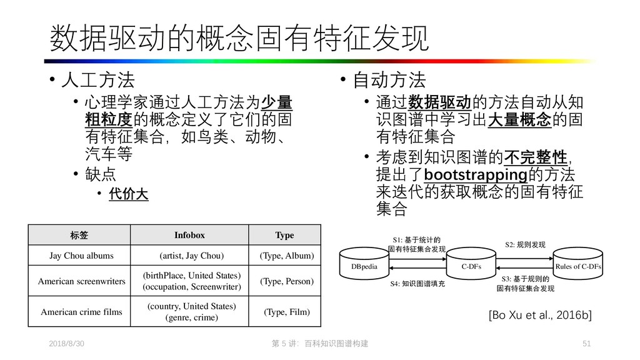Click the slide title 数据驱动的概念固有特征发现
tap(239, 39)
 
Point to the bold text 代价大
tap(129, 194)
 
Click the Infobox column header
tap(189, 235)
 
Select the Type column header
tap(284, 235)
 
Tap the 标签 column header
tap(80, 235)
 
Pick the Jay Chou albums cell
tap(81, 256)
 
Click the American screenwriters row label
tap(81, 281)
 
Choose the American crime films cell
tap(81, 311)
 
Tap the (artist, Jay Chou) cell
tap(191, 256)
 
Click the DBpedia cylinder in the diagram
tap(364, 266)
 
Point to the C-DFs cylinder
tap(470, 266)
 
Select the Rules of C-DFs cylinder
tap(577, 266)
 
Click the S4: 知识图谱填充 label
tap(417, 284)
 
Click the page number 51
tap(586, 344)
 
